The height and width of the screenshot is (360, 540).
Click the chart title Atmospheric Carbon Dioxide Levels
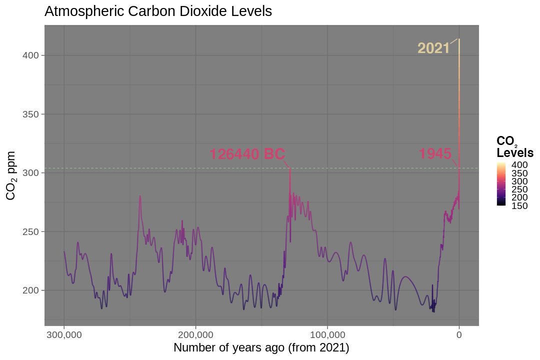158,11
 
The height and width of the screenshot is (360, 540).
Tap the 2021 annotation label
433,48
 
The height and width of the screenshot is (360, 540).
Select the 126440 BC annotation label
247,154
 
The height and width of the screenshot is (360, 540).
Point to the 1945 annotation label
435,154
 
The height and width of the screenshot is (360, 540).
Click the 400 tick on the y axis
30,55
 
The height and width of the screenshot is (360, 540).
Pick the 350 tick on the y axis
30,114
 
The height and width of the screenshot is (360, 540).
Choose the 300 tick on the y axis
30,173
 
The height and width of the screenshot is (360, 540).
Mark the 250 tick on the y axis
30,231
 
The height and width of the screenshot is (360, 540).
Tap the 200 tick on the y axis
30,290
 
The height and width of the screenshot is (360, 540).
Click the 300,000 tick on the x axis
64,334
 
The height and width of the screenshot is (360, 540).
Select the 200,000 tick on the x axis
195,334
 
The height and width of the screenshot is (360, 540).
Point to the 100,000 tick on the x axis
327,334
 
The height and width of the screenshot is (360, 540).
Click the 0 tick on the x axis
459,334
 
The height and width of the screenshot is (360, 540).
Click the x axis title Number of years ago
261,347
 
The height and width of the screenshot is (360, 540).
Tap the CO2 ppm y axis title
11,175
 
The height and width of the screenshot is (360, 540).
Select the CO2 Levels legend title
514,147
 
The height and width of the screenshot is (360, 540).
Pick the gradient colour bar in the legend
501,183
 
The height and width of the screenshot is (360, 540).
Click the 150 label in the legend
519,206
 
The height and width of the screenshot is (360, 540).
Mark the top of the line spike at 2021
459,39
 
